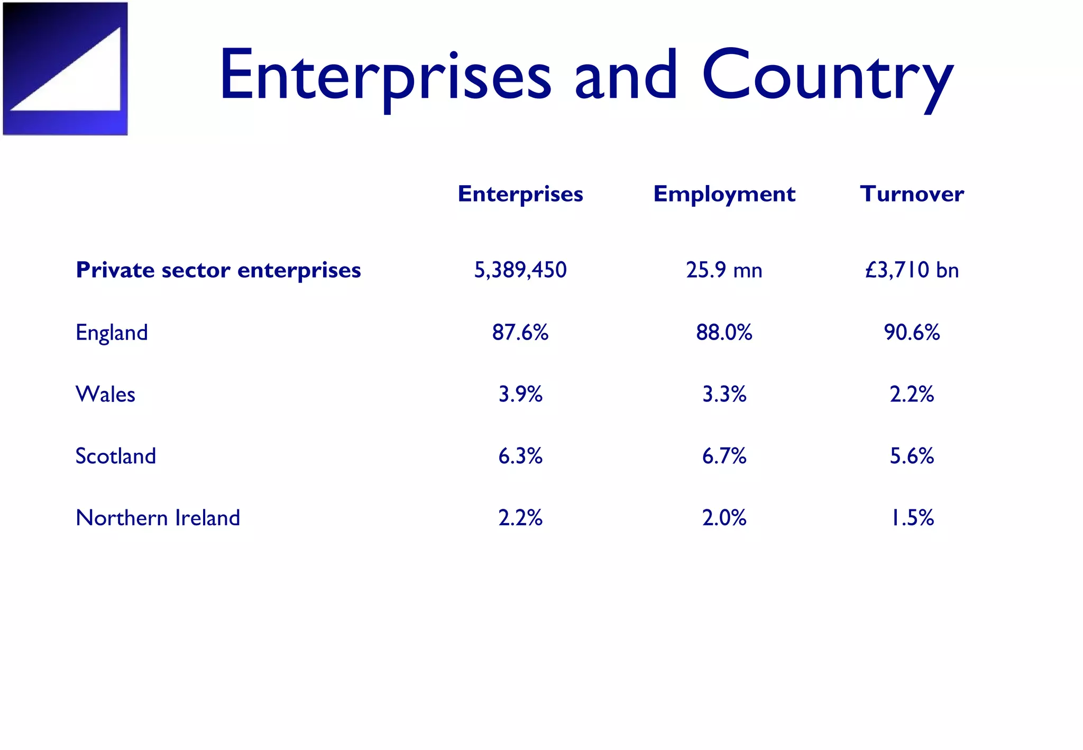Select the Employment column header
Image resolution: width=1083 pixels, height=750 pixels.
(724, 194)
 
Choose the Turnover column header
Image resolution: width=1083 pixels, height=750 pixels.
(912, 194)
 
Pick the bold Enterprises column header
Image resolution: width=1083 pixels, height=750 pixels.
(520, 194)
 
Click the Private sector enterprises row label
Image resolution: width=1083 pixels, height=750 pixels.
(218, 270)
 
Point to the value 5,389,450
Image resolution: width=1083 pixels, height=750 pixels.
(520, 270)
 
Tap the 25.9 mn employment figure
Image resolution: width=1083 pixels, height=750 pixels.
(724, 270)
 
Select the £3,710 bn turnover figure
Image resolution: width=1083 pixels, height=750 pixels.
(912, 270)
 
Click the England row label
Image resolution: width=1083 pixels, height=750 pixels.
(112, 333)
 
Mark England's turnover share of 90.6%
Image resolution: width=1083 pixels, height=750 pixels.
(912, 332)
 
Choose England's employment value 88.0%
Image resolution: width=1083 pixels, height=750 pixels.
(724, 332)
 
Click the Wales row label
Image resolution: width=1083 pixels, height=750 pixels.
(105, 394)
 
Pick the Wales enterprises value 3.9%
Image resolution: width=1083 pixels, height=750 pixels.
(520, 394)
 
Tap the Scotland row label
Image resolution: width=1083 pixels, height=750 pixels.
(116, 456)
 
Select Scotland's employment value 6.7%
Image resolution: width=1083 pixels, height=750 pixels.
(724, 456)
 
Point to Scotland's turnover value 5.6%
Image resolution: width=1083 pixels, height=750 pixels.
(912, 456)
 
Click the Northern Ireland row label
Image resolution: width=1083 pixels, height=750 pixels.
(158, 518)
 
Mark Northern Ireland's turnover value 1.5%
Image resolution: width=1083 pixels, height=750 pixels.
(912, 518)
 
